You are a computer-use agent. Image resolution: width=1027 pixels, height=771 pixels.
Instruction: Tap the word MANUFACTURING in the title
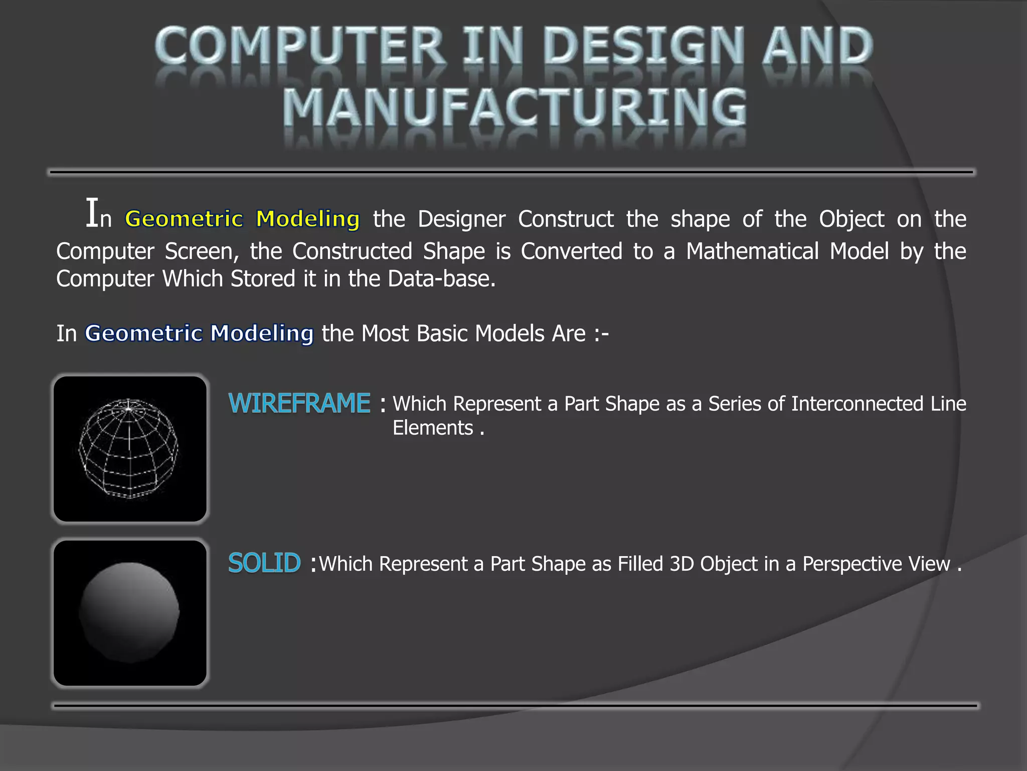(515, 107)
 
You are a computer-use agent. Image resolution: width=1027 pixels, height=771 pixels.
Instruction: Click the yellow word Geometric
(184, 219)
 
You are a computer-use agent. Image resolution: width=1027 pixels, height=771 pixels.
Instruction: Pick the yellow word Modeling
(307, 219)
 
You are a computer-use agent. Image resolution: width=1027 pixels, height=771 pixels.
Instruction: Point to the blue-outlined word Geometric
(143, 333)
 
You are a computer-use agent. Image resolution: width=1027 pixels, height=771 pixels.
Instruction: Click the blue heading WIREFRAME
(299, 404)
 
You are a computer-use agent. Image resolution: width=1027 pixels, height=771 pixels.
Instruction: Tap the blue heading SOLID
(264, 563)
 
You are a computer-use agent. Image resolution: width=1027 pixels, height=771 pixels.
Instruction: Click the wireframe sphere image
(130, 449)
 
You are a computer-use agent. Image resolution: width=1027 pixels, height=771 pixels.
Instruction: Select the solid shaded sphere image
(130, 612)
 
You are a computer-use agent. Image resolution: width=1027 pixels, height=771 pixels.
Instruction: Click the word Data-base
(441, 279)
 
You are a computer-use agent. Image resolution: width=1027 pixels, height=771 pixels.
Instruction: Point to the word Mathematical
(752, 251)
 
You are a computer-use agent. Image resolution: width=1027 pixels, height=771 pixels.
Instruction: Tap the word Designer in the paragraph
(461, 219)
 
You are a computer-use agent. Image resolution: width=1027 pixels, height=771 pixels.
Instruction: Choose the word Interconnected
(857, 404)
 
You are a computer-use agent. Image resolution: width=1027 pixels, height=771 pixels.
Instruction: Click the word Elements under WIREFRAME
(433, 428)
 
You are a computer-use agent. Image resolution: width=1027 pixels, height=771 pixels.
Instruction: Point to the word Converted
(571, 251)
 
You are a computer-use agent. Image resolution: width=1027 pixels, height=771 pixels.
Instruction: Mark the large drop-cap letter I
(92, 213)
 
